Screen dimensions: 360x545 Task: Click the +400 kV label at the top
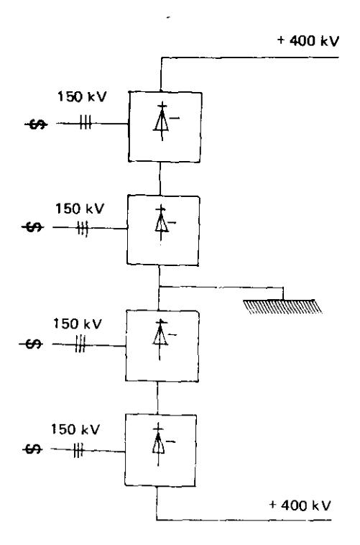[308, 41]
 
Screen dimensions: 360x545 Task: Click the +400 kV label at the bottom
[300, 505]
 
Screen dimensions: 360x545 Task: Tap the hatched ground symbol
[282, 306]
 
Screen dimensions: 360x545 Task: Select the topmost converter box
[165, 127]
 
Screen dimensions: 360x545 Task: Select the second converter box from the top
[163, 231]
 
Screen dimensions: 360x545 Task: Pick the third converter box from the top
[162, 346]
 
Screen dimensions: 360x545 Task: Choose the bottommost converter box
[160, 450]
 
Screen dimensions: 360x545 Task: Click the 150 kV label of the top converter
[82, 96]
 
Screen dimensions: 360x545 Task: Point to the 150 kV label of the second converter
[80, 209]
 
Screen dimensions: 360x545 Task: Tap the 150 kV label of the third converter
[78, 324]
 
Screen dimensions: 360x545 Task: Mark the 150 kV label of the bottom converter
[75, 429]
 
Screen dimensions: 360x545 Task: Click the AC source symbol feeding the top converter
[37, 124]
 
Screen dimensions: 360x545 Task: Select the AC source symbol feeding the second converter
[33, 228]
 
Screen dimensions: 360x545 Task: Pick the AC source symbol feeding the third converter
[31, 344]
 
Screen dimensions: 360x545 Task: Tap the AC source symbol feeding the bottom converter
[32, 449]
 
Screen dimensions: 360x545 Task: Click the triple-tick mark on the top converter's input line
[86, 123]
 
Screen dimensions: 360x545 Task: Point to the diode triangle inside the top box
[162, 121]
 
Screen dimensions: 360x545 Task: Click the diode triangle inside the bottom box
[158, 443]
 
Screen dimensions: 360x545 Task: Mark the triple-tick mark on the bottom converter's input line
[78, 451]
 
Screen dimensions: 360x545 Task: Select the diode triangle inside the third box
[160, 335]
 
